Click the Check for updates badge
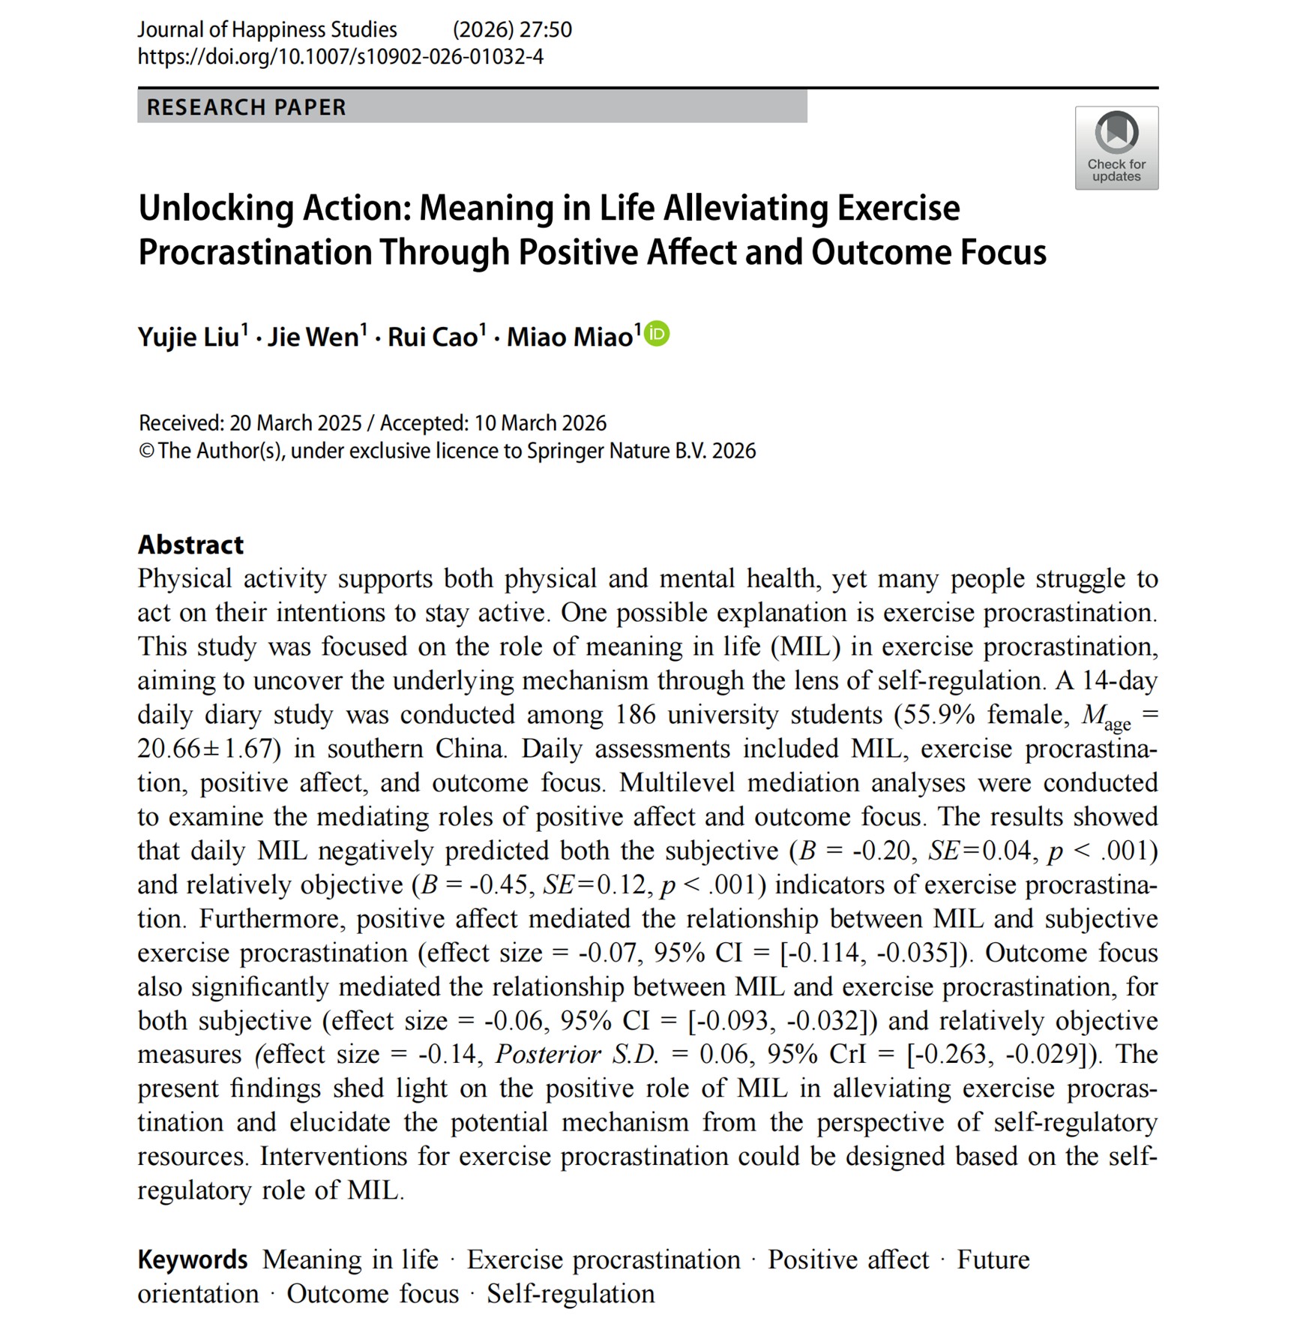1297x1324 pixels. pos(1116,148)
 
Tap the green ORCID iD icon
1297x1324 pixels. pos(657,334)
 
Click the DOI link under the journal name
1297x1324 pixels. pos(340,57)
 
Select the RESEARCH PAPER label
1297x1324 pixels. pos(247,107)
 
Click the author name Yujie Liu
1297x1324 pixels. pos(188,338)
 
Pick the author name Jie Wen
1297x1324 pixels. pos(313,338)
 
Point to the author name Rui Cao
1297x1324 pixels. pos(433,338)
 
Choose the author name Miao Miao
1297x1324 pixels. pos(570,338)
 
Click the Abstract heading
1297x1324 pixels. pos(190,545)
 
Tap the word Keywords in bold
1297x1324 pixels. pos(193,1259)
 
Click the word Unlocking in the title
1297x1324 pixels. pos(215,209)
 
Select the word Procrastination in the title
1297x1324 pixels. pos(255,252)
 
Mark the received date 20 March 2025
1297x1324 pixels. pos(295,424)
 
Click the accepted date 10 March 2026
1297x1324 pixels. pos(540,424)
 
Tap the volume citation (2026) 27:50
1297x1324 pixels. pos(512,30)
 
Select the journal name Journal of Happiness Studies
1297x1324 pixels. pos(267,30)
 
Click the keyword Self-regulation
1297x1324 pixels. pos(571,1294)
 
